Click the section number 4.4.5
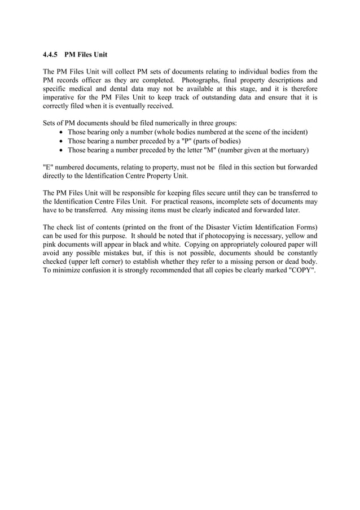(x=51, y=55)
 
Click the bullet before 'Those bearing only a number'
(x=62, y=132)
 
